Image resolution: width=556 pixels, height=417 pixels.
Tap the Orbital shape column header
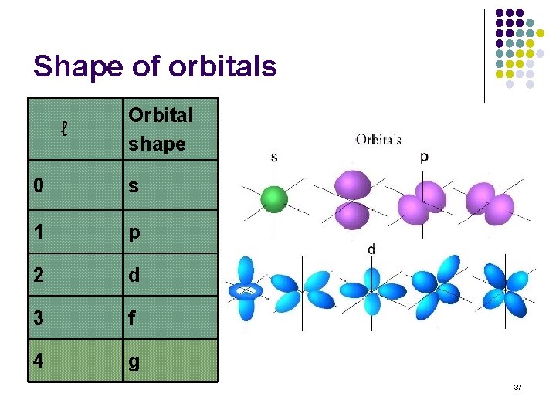tap(161, 129)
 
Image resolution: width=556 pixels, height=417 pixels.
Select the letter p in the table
tap(134, 233)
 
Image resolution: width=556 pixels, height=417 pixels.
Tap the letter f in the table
tap(132, 317)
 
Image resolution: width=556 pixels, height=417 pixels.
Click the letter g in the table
tap(134, 361)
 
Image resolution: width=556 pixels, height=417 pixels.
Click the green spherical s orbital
tap(273, 198)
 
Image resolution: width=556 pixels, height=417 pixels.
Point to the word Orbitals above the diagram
tap(378, 140)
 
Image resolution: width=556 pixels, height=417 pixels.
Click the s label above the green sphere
tap(274, 157)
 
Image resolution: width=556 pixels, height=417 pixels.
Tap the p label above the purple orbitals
tap(423, 157)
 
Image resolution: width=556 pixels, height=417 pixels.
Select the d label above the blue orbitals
tap(371, 249)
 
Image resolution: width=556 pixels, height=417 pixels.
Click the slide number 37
tap(517, 386)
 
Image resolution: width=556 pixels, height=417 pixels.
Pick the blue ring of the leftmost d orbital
tap(246, 291)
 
